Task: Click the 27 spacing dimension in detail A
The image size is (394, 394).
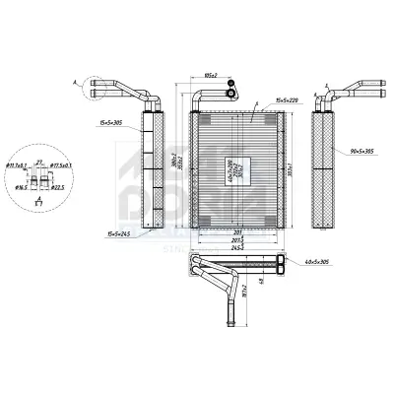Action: tap(39, 160)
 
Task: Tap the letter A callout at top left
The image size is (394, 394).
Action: tap(75, 83)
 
